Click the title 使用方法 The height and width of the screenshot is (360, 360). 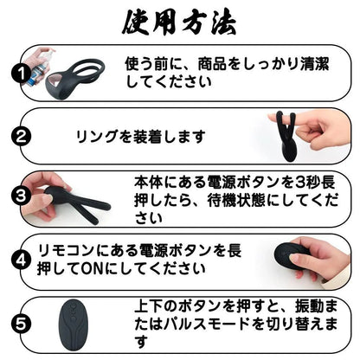click(x=179, y=22)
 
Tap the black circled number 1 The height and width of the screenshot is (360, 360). click(x=21, y=74)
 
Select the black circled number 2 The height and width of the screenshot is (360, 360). click(x=21, y=136)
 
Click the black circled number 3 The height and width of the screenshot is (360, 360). click(x=21, y=196)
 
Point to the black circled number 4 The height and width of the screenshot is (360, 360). click(x=21, y=260)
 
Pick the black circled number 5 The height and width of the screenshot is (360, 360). click(x=21, y=324)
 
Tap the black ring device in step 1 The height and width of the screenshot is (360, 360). click(x=74, y=79)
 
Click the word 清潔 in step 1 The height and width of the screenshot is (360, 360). click(x=315, y=64)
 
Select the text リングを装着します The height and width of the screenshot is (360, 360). click(x=140, y=137)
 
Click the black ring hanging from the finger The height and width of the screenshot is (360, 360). click(x=286, y=137)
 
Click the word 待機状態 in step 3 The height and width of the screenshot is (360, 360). click(x=236, y=200)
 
